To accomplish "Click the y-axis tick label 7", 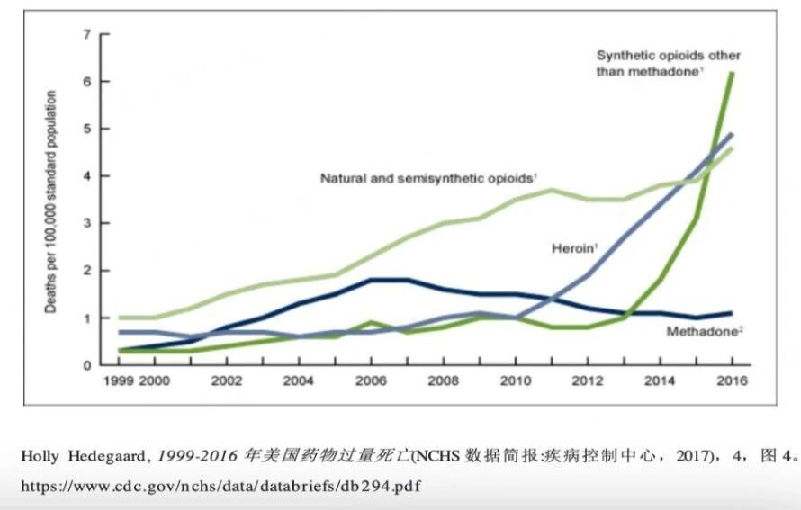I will click(87, 34).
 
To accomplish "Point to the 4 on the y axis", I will click(87, 176).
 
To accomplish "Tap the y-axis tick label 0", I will click(87, 365).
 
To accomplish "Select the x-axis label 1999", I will click(119, 381).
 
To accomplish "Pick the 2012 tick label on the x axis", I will click(587, 381).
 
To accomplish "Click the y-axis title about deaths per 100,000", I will click(51, 201).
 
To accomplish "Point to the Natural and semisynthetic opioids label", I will click(428, 179).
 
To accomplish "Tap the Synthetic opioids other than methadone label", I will click(668, 62).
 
